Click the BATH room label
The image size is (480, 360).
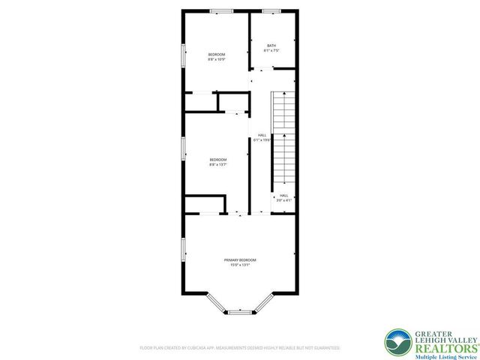[271, 46]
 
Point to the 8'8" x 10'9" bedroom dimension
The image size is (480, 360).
[217, 59]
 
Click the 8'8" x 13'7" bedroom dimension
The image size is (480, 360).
[218, 164]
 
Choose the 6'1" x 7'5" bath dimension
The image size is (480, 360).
[271, 51]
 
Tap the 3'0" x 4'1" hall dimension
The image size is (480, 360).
[283, 200]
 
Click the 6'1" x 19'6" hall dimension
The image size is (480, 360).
[262, 140]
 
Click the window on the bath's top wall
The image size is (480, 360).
[271, 10]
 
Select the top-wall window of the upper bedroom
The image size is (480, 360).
[220, 10]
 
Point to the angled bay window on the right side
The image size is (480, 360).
[262, 303]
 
